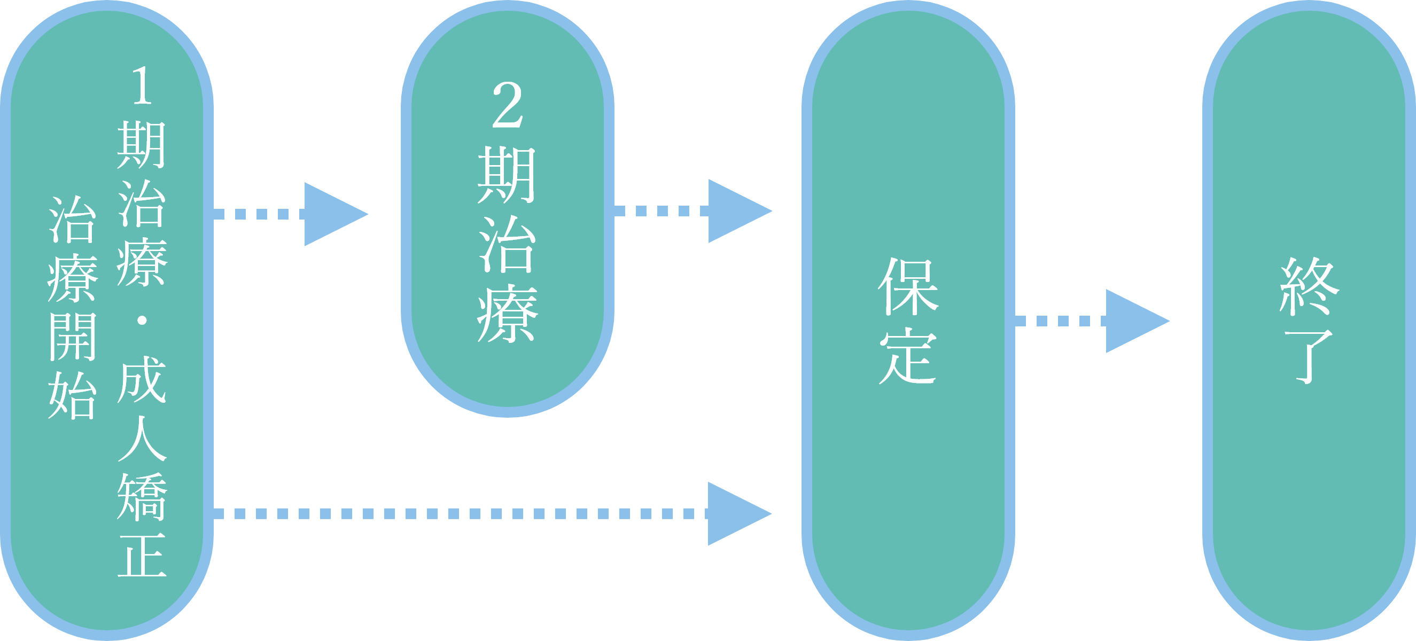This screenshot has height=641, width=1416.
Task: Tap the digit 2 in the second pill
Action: (x=506, y=106)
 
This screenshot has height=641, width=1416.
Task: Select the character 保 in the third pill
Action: (x=908, y=286)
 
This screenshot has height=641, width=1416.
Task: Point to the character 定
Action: (x=908, y=356)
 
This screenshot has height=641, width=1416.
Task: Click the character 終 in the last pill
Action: (x=1309, y=286)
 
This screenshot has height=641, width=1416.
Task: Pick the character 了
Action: (x=1309, y=356)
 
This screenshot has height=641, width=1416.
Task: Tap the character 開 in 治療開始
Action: (x=73, y=337)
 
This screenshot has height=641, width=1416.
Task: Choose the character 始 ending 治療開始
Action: (x=73, y=395)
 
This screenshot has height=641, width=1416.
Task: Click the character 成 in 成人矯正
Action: (x=142, y=379)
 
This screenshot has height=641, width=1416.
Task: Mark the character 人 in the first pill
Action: (x=142, y=438)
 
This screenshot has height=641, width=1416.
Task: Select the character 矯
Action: (x=142, y=497)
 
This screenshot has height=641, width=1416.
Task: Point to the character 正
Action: (x=142, y=555)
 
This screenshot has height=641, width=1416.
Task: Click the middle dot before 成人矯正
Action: (x=142, y=320)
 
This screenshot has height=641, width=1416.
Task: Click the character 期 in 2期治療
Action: (x=506, y=175)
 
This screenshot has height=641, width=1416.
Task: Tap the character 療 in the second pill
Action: (x=506, y=314)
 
